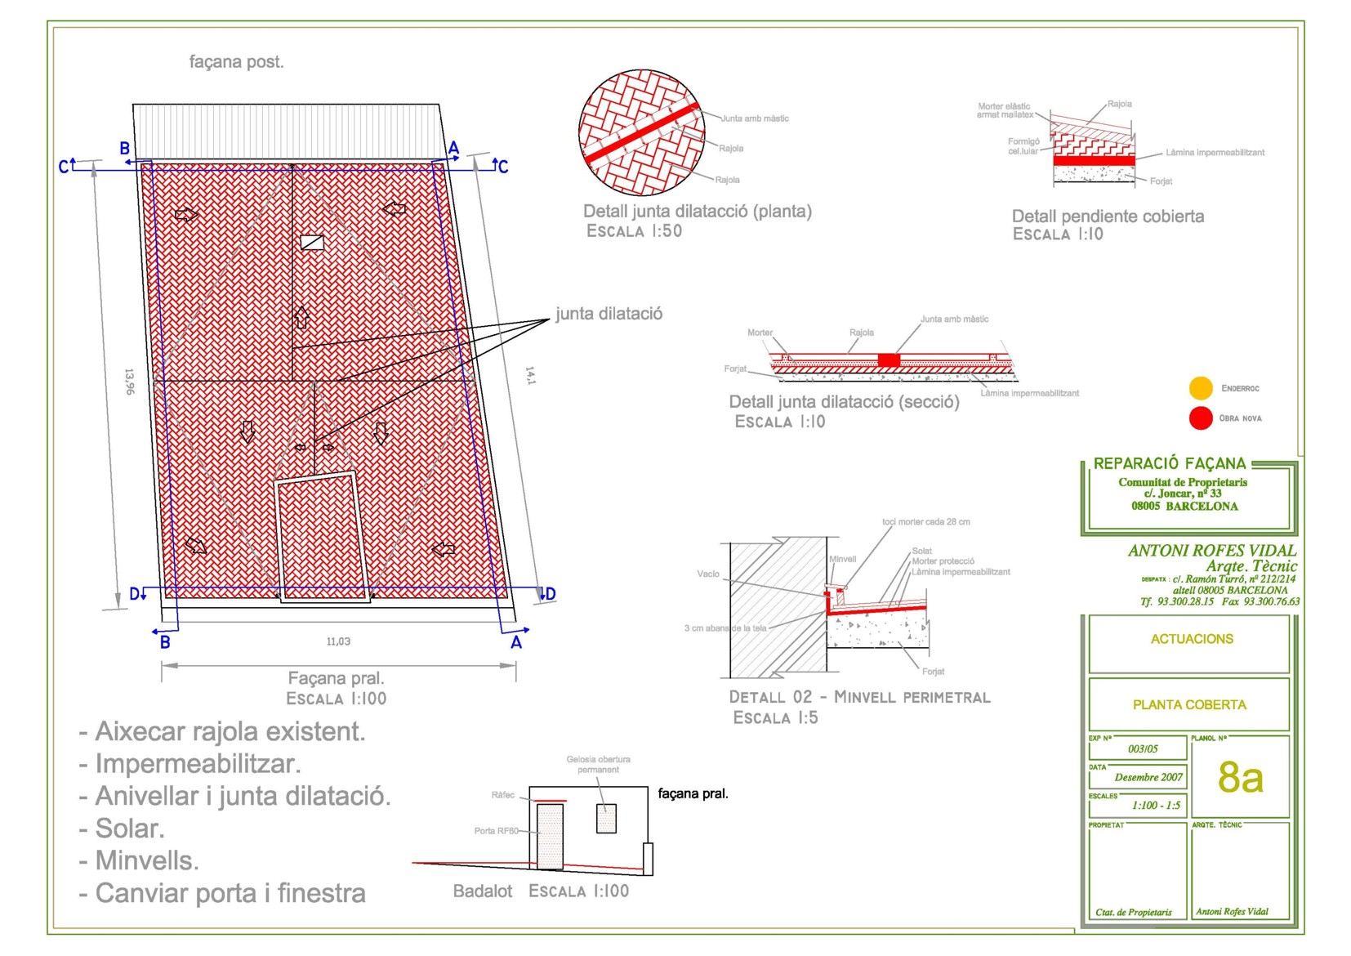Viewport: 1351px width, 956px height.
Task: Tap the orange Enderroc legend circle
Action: [1201, 388]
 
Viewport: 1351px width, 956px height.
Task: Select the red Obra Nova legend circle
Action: [1201, 418]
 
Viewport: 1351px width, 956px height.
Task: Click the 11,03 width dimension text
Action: [338, 641]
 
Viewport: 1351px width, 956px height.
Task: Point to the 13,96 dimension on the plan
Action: [129, 382]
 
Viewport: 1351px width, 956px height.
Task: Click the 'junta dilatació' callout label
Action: [609, 314]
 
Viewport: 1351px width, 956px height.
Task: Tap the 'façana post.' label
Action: [236, 62]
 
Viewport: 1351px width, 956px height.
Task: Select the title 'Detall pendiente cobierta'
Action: [1108, 217]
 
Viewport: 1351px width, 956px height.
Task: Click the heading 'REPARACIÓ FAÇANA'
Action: [1169, 463]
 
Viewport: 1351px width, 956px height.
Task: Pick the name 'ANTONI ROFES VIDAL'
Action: [1211, 551]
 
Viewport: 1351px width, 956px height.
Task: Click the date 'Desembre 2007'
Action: [1148, 777]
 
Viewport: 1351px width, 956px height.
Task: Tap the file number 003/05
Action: [1143, 748]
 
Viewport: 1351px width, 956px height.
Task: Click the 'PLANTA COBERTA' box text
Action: [1189, 704]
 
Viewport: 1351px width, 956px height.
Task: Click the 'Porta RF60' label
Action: [496, 831]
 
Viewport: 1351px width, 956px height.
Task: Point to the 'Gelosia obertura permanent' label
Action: [598, 764]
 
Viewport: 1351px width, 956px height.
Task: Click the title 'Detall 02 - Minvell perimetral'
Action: [859, 697]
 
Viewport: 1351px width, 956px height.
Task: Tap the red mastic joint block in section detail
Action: [889, 360]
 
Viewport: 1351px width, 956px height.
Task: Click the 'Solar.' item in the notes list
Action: [130, 829]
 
